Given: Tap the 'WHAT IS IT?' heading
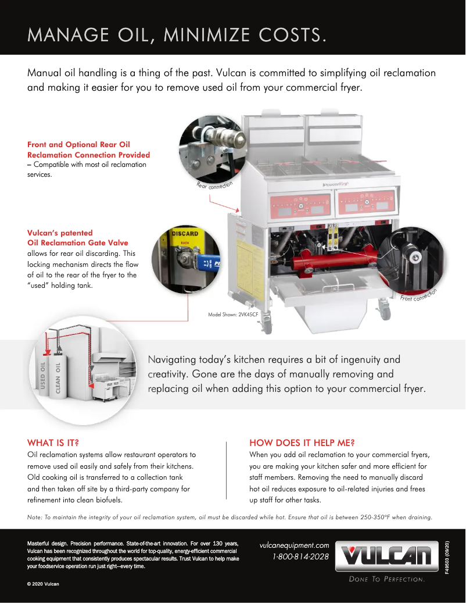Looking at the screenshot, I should click(x=53, y=443).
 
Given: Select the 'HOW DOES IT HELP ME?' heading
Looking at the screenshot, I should click(x=302, y=443).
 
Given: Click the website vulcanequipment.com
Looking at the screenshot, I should click(x=294, y=545).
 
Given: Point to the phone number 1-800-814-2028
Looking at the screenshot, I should click(x=300, y=556).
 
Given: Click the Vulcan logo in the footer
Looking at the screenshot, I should click(x=389, y=557).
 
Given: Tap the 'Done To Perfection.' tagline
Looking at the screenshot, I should click(x=387, y=579).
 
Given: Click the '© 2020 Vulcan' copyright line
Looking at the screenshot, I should click(x=43, y=583).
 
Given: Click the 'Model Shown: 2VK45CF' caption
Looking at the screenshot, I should click(x=234, y=315).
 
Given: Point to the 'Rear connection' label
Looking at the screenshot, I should click(x=214, y=185).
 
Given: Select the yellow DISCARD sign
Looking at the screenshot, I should click(x=184, y=233).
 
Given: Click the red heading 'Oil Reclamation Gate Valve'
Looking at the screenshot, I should click(x=78, y=242).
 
